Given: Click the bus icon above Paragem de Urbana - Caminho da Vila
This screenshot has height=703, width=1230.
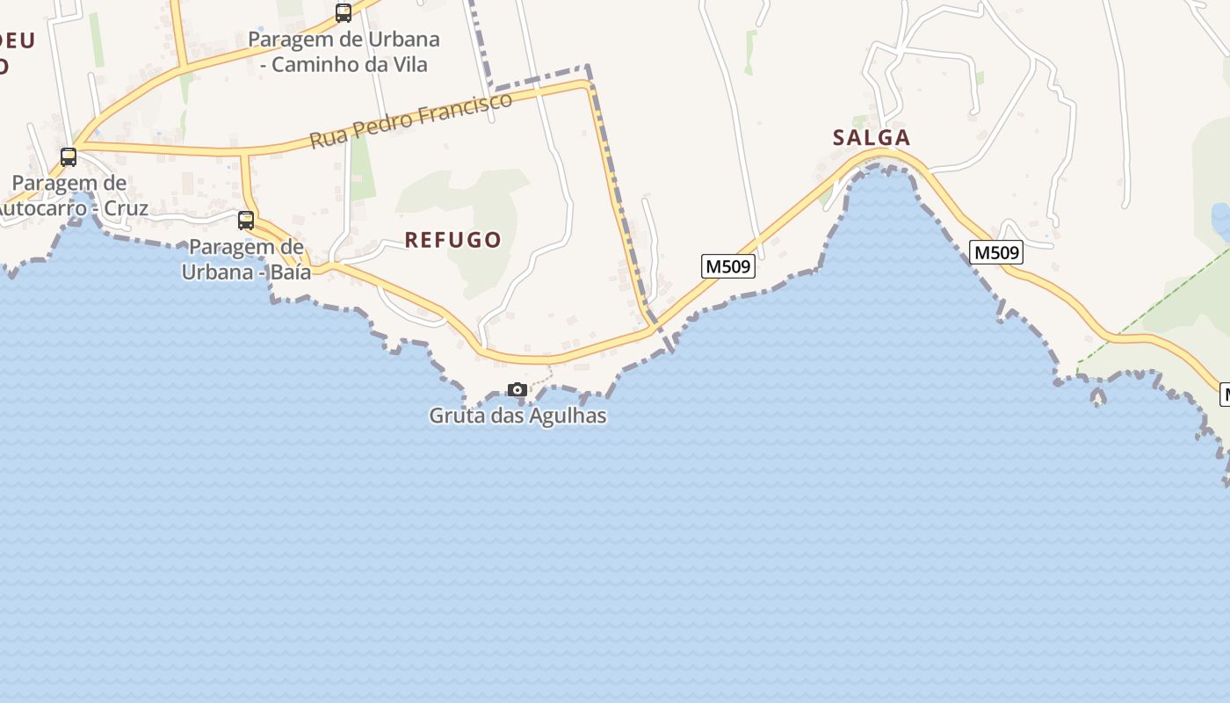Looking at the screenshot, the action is pyautogui.click(x=344, y=13).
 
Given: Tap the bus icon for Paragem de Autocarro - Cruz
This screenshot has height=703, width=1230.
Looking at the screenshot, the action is pyautogui.click(x=69, y=157).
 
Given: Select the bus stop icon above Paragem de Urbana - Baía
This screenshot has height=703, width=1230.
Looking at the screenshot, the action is pyautogui.click(x=246, y=221).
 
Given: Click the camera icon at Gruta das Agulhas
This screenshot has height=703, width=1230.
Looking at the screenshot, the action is pyautogui.click(x=517, y=389).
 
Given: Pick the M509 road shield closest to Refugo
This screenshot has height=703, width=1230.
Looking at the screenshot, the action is pyautogui.click(x=728, y=265).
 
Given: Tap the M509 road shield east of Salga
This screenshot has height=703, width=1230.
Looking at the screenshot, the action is pyautogui.click(x=996, y=252).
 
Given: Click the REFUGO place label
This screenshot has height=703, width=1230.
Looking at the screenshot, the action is pyautogui.click(x=452, y=239).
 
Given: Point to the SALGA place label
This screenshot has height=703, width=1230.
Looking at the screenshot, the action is pyautogui.click(x=872, y=137).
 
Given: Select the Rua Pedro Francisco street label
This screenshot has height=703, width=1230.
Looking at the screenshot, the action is pyautogui.click(x=410, y=120).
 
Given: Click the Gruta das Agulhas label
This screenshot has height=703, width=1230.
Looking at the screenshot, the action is pyautogui.click(x=517, y=416).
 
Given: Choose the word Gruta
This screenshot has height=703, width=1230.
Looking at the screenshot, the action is pyautogui.click(x=455, y=416).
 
